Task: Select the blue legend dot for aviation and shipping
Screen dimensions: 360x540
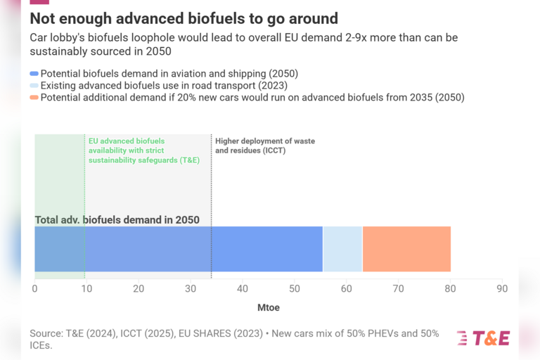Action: tap(34, 74)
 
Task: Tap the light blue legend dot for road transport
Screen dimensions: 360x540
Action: tap(34, 86)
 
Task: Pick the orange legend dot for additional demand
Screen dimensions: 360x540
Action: tap(34, 98)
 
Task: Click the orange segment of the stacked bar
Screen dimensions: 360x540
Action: tap(406, 249)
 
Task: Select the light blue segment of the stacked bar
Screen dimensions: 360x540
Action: tap(342, 249)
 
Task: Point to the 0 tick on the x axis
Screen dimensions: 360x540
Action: tap(34, 288)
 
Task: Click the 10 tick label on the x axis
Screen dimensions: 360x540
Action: tap(86, 288)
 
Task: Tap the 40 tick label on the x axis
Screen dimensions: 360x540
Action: tap(242, 288)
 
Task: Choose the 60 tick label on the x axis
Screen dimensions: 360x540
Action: tap(346, 288)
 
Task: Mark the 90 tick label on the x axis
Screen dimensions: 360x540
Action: tap(501, 288)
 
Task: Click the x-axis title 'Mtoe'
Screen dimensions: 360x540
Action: tap(268, 307)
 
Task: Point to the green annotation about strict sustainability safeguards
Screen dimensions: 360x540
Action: tap(143, 150)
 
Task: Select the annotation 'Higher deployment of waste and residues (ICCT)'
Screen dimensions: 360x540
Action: tap(264, 146)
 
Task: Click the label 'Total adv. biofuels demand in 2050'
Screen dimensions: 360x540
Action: tap(117, 220)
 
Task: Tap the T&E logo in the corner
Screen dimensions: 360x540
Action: tap(482, 338)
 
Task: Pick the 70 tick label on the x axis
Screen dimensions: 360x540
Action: tap(398, 288)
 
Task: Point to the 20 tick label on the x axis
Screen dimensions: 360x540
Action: tap(139, 288)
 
